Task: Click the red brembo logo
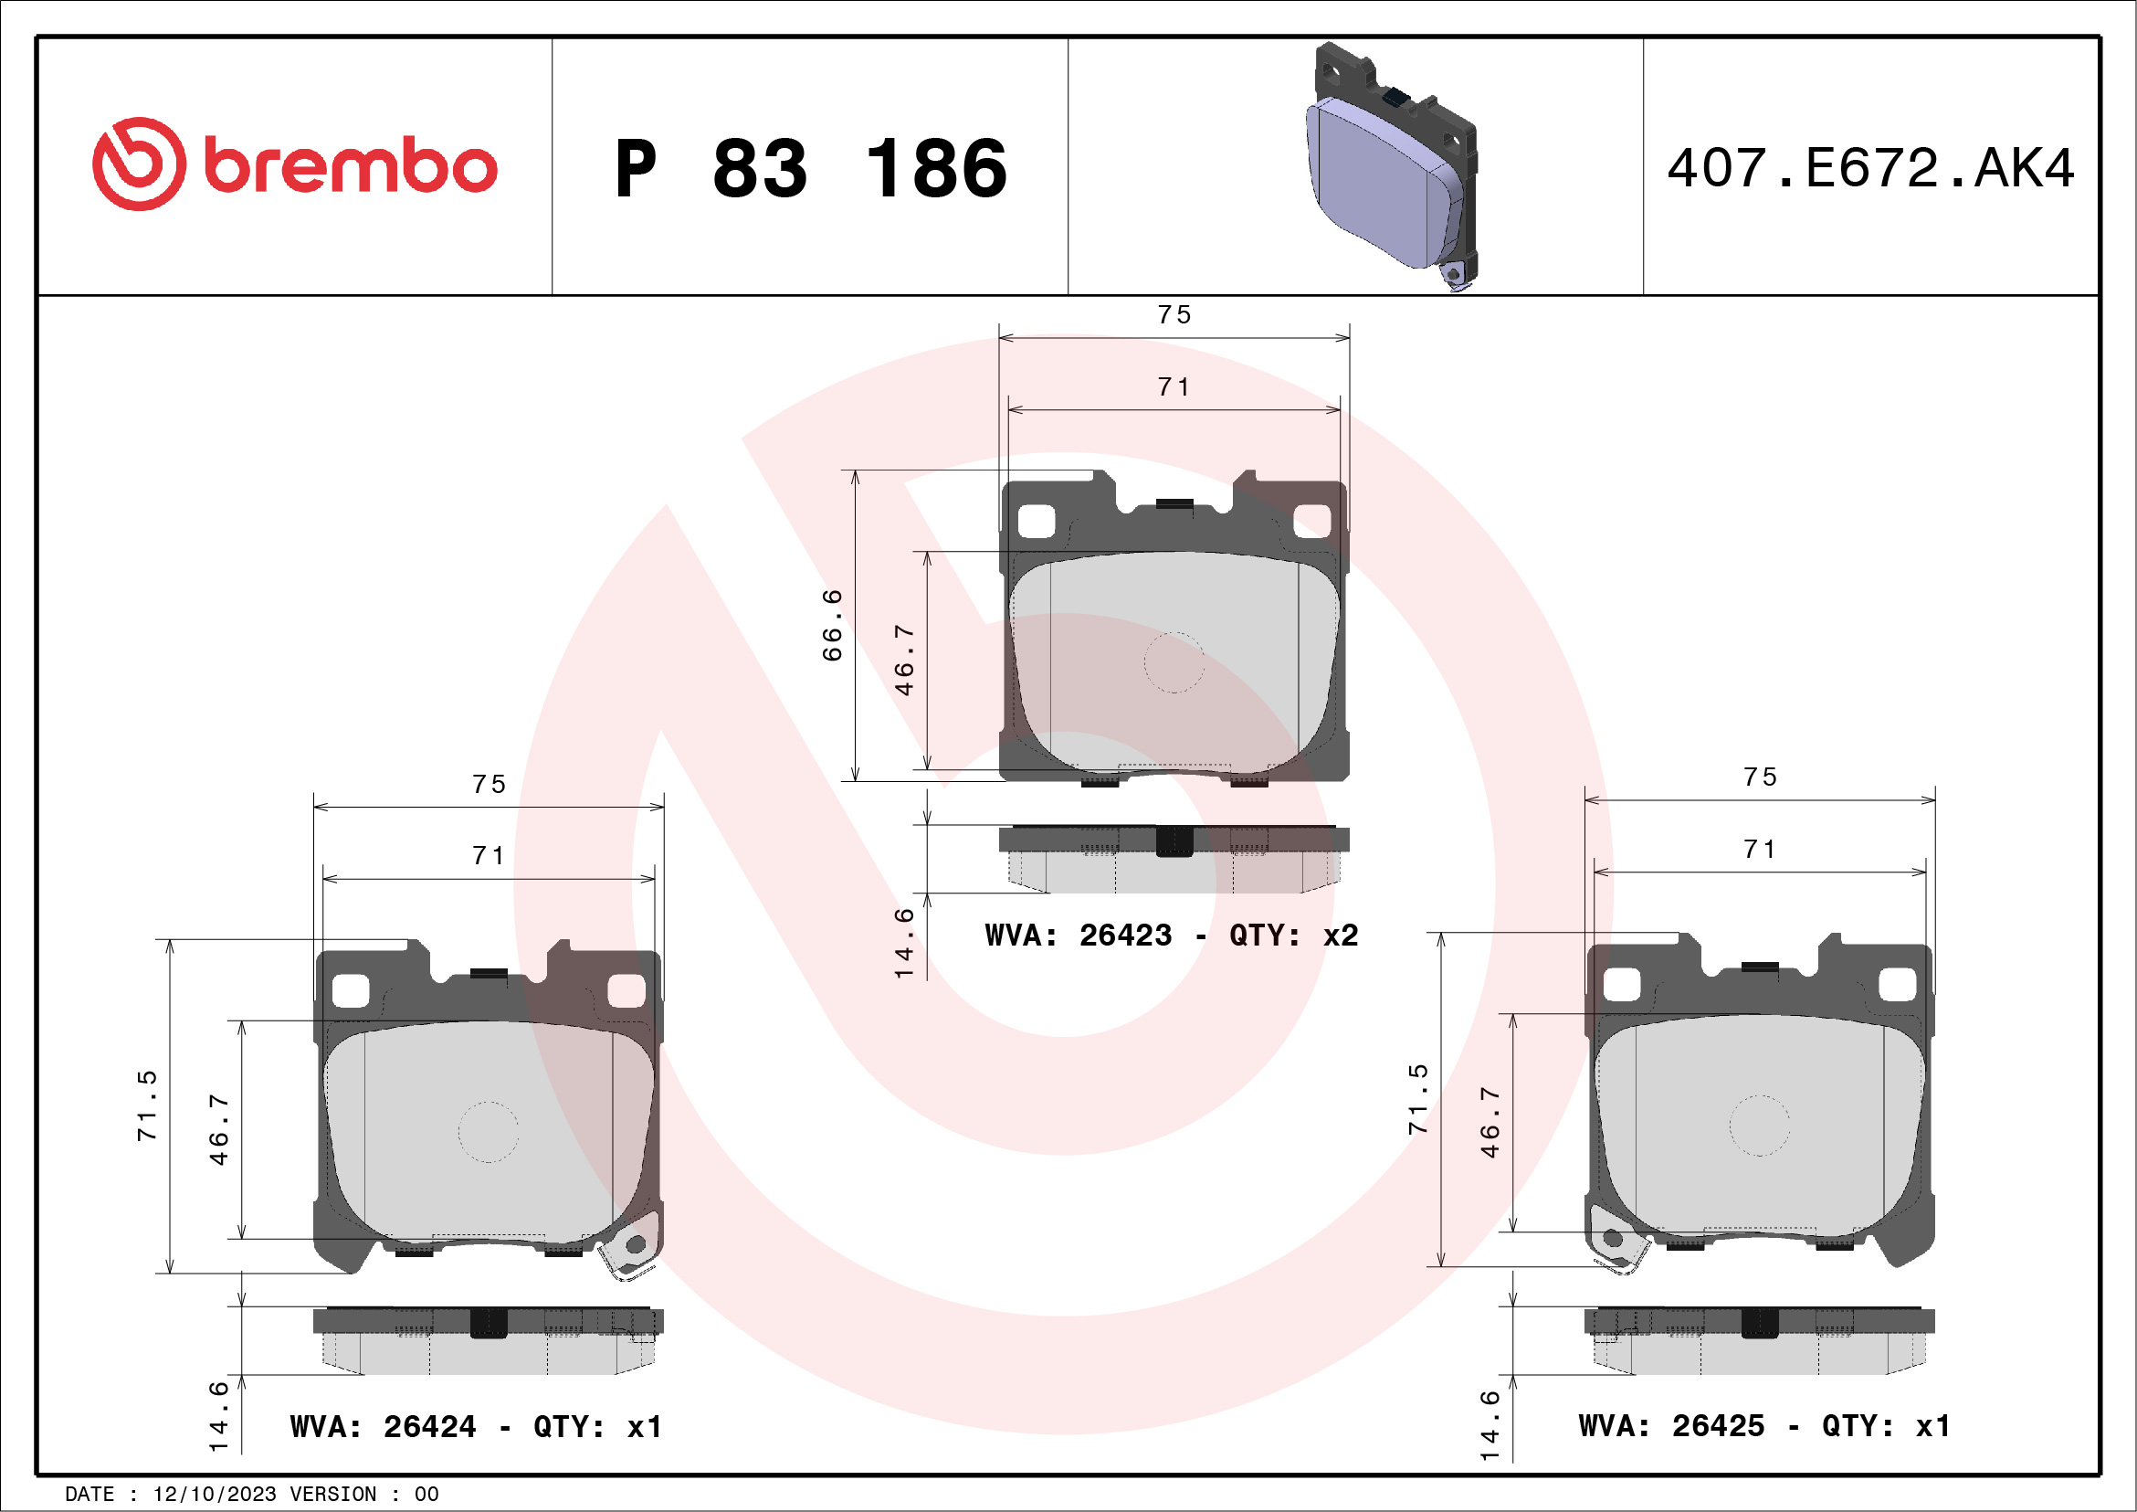pyautogui.click(x=294, y=164)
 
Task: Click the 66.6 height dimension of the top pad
pyautogui.click(x=831, y=625)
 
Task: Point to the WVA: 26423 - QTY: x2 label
pyautogui.click(x=1171, y=935)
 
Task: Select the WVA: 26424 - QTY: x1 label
pyautogui.click(x=476, y=1426)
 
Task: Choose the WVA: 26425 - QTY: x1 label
pyautogui.click(x=1763, y=1425)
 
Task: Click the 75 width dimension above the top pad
pyautogui.click(x=1174, y=314)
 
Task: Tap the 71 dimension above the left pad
pyautogui.click(x=489, y=856)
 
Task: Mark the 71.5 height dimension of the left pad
pyautogui.click(x=147, y=1105)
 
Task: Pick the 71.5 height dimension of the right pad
pyautogui.click(x=1416, y=1100)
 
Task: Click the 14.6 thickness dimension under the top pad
pyautogui.click(x=904, y=943)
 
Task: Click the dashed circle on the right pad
pyautogui.click(x=1759, y=1125)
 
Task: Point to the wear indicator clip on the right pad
pyautogui.click(x=1615, y=1239)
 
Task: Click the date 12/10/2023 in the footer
pyautogui.click(x=214, y=1495)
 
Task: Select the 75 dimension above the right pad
pyautogui.click(x=1759, y=777)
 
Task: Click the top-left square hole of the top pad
pyautogui.click(x=1035, y=522)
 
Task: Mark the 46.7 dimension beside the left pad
pyautogui.click(x=217, y=1129)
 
